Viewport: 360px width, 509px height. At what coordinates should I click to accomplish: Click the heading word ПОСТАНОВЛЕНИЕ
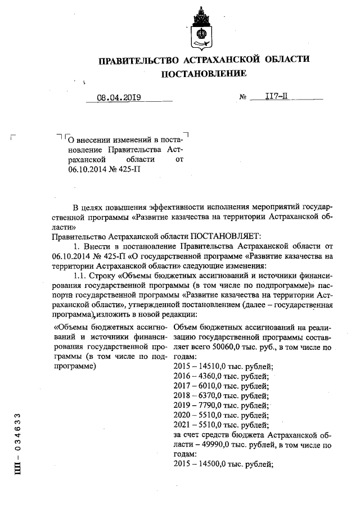pos(204,73)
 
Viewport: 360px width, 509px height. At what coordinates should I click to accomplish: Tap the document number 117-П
pos(276,97)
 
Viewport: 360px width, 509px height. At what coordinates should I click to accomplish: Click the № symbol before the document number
pos(244,97)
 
